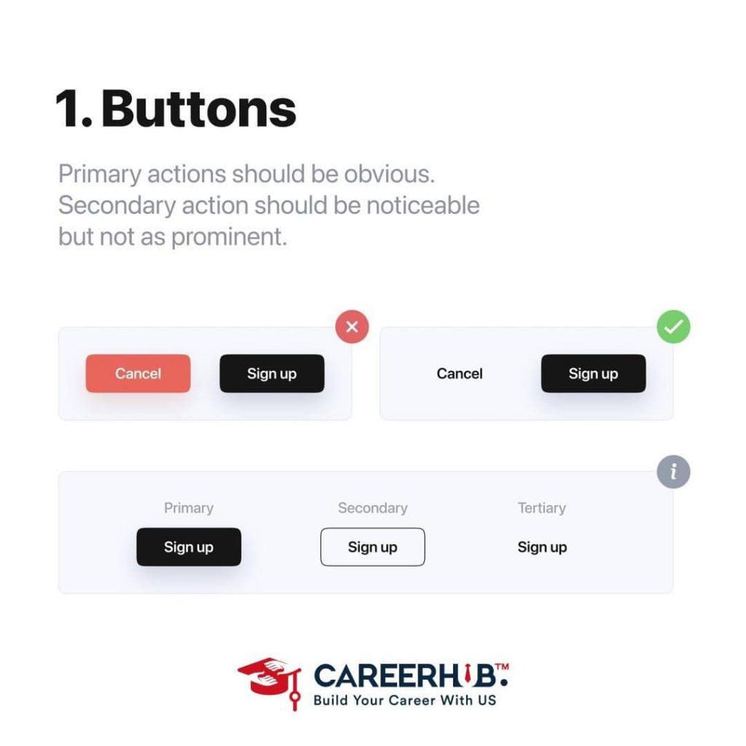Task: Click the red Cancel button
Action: coord(138,374)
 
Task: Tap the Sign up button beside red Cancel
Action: coord(272,374)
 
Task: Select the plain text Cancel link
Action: coord(460,374)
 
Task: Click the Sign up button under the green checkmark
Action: coord(593,374)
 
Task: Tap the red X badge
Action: coord(352,327)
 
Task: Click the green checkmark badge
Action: coord(674,327)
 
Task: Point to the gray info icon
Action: coord(674,472)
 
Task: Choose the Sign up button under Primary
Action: coord(189,547)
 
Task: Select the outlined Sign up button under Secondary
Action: coord(372,547)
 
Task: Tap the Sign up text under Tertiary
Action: coord(542,547)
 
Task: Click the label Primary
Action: coord(189,509)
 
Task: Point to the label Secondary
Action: coord(372,508)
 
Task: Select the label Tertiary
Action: coord(542,509)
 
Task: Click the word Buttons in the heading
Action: coord(199,109)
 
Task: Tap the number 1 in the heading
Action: coord(67,109)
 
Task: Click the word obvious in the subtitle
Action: coord(389,173)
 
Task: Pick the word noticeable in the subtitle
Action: coord(423,205)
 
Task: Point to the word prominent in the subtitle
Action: coord(229,237)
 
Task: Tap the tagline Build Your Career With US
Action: coord(405,700)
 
